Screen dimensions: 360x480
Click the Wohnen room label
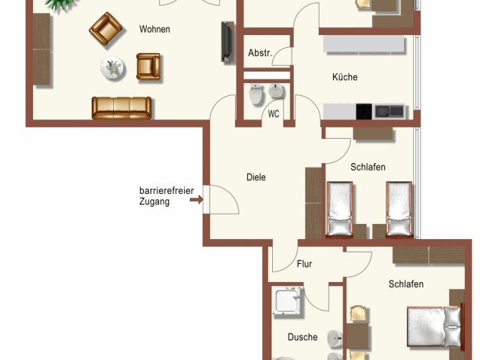point(155,29)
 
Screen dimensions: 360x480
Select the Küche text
point(344,77)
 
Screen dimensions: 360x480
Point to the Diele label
point(256,177)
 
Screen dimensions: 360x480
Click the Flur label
point(304,264)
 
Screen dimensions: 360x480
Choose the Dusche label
point(302,336)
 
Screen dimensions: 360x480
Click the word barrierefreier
point(166,191)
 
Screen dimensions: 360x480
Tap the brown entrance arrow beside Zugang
point(196,201)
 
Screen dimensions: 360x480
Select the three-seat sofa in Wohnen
point(122,107)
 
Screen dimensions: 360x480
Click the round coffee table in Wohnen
point(112,69)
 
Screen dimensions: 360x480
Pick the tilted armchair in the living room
point(105,29)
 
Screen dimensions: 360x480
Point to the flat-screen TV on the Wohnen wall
point(226,42)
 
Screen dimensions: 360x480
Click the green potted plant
point(61,4)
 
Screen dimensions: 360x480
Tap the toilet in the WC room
point(255,95)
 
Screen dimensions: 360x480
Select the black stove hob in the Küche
point(365,112)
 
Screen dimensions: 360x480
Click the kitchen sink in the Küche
point(390,112)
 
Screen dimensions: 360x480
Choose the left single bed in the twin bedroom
point(340,209)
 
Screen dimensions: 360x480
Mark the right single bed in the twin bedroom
point(398,209)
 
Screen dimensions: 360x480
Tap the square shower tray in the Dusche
point(289,301)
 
